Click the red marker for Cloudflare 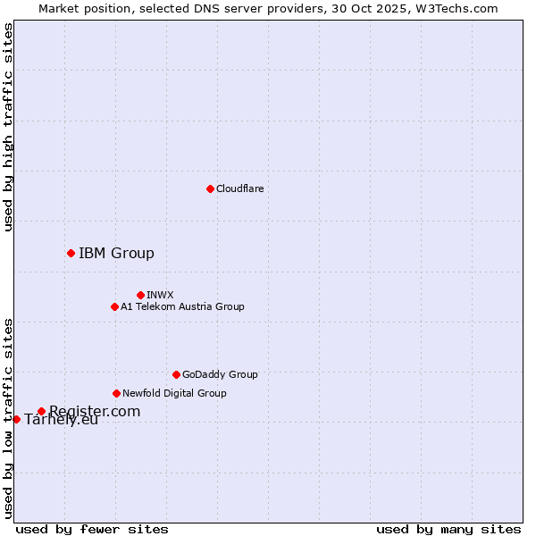(210, 188)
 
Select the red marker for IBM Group (71, 253)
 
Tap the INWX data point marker (140, 295)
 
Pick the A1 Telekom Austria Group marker (114, 306)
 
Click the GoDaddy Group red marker (176, 374)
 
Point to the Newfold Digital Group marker (116, 393)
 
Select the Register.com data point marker (41, 411)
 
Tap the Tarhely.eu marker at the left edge (16, 419)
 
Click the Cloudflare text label (239, 188)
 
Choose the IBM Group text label (116, 253)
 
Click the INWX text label (160, 295)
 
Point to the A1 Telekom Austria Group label (182, 306)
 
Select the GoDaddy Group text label (220, 374)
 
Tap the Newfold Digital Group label (174, 393)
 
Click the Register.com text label (95, 411)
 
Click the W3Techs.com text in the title (454, 8)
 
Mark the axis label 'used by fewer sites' (92, 529)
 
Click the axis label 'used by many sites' (448, 529)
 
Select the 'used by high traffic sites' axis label (8, 127)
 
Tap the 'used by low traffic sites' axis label (8, 417)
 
